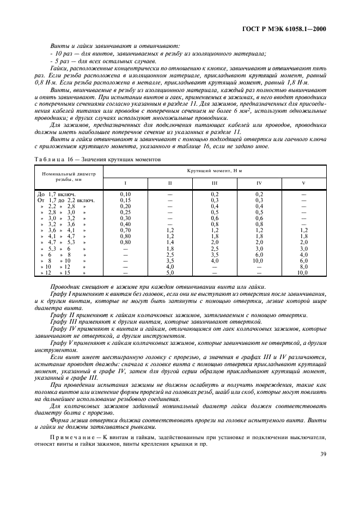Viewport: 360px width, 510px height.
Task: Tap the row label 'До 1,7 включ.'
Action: point(56,194)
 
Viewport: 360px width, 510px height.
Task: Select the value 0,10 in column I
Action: point(125,194)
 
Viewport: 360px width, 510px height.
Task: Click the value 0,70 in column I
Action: point(125,230)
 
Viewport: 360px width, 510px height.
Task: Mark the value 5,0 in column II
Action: point(170,272)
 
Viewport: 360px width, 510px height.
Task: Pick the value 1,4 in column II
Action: point(170,242)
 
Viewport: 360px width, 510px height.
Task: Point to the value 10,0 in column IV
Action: point(259,260)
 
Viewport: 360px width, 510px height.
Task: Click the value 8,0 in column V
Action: point(303,266)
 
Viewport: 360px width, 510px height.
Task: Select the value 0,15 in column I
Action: point(125,200)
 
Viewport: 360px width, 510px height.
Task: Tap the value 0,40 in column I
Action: point(125,224)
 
